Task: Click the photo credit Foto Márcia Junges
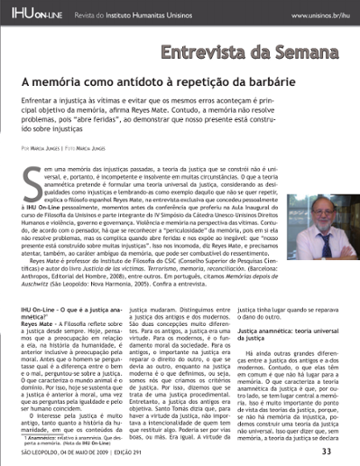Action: pyautogui.click(x=100, y=144)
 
